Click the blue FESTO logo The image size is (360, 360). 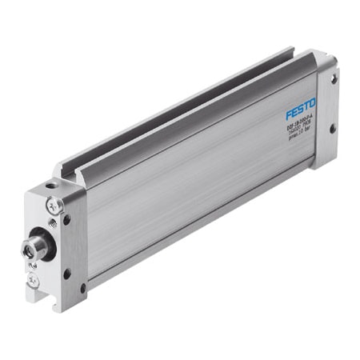tap(300, 105)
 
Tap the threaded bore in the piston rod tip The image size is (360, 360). tap(30, 250)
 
